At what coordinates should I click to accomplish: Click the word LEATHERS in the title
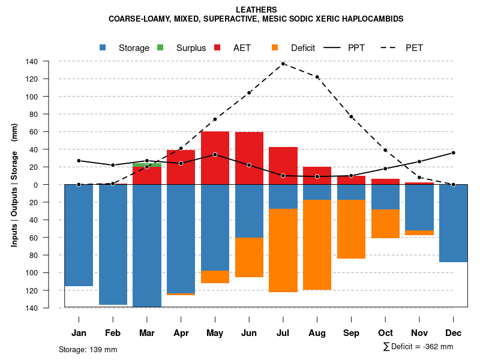pos(256,10)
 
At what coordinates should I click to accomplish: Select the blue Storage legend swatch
pos(104,47)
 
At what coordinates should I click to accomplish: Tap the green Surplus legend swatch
pos(161,47)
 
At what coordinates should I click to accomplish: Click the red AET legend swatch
pos(218,47)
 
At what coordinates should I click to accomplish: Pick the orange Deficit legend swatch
pos(275,47)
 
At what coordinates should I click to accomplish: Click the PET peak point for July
pos(283,64)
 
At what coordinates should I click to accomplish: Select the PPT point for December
pos(454,153)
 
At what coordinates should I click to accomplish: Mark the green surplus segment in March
pos(147,164)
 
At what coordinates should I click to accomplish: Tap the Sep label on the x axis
pos(351,333)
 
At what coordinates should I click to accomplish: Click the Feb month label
pos(113,333)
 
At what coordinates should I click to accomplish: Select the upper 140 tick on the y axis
pos(32,61)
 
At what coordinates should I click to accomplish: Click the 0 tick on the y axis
pos(35,185)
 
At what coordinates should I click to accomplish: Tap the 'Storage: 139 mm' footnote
pos(88,349)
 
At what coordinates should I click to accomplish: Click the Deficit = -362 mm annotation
pos(418,346)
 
